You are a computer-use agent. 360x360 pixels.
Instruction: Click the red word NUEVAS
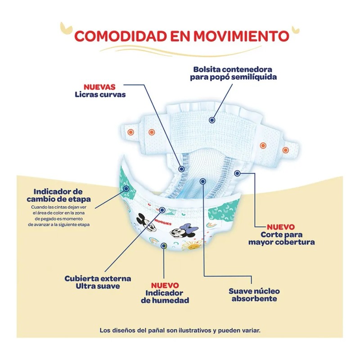coord(99,86)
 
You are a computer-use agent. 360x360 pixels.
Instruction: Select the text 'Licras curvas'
coord(99,94)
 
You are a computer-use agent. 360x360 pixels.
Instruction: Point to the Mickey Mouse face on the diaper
coord(144,220)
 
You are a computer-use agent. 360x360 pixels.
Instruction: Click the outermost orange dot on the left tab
coord(130,132)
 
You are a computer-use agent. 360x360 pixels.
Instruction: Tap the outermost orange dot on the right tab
coord(285,150)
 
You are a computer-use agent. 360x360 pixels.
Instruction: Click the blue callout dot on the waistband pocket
coord(211,120)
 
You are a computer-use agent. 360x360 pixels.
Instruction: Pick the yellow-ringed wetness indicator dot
coord(163,246)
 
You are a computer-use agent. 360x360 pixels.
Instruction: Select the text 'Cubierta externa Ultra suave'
coord(98,282)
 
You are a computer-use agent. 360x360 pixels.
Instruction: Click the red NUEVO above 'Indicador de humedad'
coord(164,285)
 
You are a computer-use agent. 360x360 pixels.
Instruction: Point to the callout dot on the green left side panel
coord(127,189)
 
